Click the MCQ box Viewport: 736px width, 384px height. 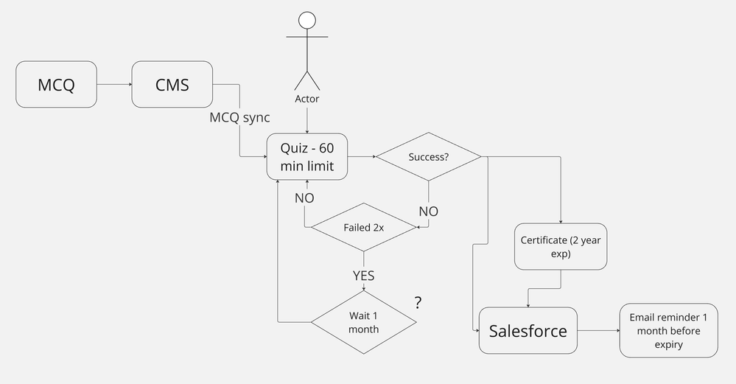click(x=56, y=85)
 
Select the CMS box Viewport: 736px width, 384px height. click(x=173, y=85)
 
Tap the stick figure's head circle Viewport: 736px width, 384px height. click(x=307, y=21)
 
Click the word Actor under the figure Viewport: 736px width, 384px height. click(x=307, y=99)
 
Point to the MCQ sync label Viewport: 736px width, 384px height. click(x=239, y=118)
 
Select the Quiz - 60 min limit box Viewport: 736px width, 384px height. click(x=307, y=156)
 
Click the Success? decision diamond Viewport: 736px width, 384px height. click(x=428, y=156)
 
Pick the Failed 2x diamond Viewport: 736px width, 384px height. click(x=363, y=227)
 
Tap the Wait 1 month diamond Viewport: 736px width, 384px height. click(x=363, y=322)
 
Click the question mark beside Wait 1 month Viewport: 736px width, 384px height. click(x=418, y=303)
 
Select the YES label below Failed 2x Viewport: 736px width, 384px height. click(x=363, y=276)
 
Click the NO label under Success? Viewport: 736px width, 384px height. click(x=428, y=212)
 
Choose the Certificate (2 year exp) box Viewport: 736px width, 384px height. click(x=561, y=246)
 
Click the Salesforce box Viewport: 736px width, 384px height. click(x=528, y=331)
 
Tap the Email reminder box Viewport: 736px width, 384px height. click(x=668, y=331)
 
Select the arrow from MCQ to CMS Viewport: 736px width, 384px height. click(x=114, y=85)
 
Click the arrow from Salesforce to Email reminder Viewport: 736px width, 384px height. click(x=598, y=331)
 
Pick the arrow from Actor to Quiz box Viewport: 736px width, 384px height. click(x=307, y=119)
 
